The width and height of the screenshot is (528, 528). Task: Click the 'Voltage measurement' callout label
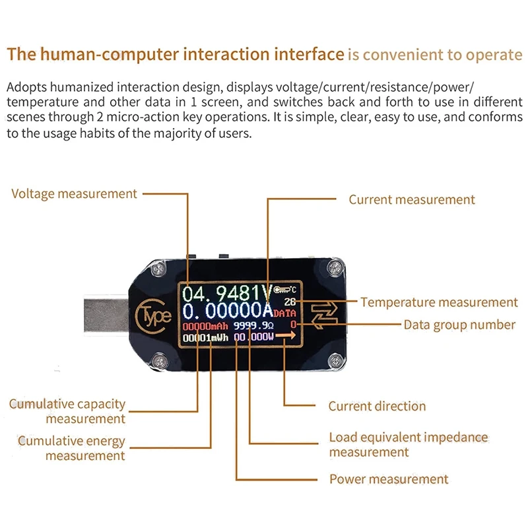(74, 194)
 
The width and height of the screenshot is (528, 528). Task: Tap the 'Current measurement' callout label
(412, 199)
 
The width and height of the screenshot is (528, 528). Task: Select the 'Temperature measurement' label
(439, 302)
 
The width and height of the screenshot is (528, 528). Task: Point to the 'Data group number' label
(459, 325)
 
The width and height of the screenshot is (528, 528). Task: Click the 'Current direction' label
(377, 407)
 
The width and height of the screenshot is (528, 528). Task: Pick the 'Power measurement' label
(389, 479)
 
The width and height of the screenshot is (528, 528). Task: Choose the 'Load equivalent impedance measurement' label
(408, 445)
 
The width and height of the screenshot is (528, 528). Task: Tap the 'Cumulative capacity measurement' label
(67, 411)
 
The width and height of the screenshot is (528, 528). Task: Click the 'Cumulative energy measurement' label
(71, 448)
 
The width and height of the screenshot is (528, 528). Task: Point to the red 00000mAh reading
(205, 326)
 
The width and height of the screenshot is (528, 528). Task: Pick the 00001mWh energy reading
(205, 338)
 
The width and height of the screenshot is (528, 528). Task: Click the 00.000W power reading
(254, 338)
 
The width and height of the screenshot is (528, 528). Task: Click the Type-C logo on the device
(153, 315)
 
